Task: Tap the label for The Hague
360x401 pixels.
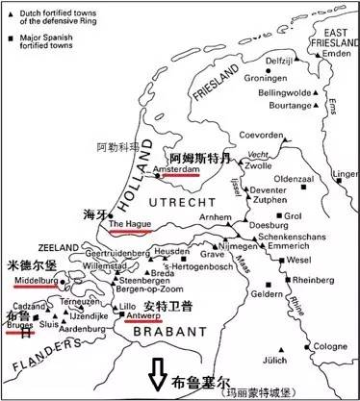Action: pyautogui.click(x=131, y=224)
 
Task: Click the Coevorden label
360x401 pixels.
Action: pyautogui.click(x=274, y=135)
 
